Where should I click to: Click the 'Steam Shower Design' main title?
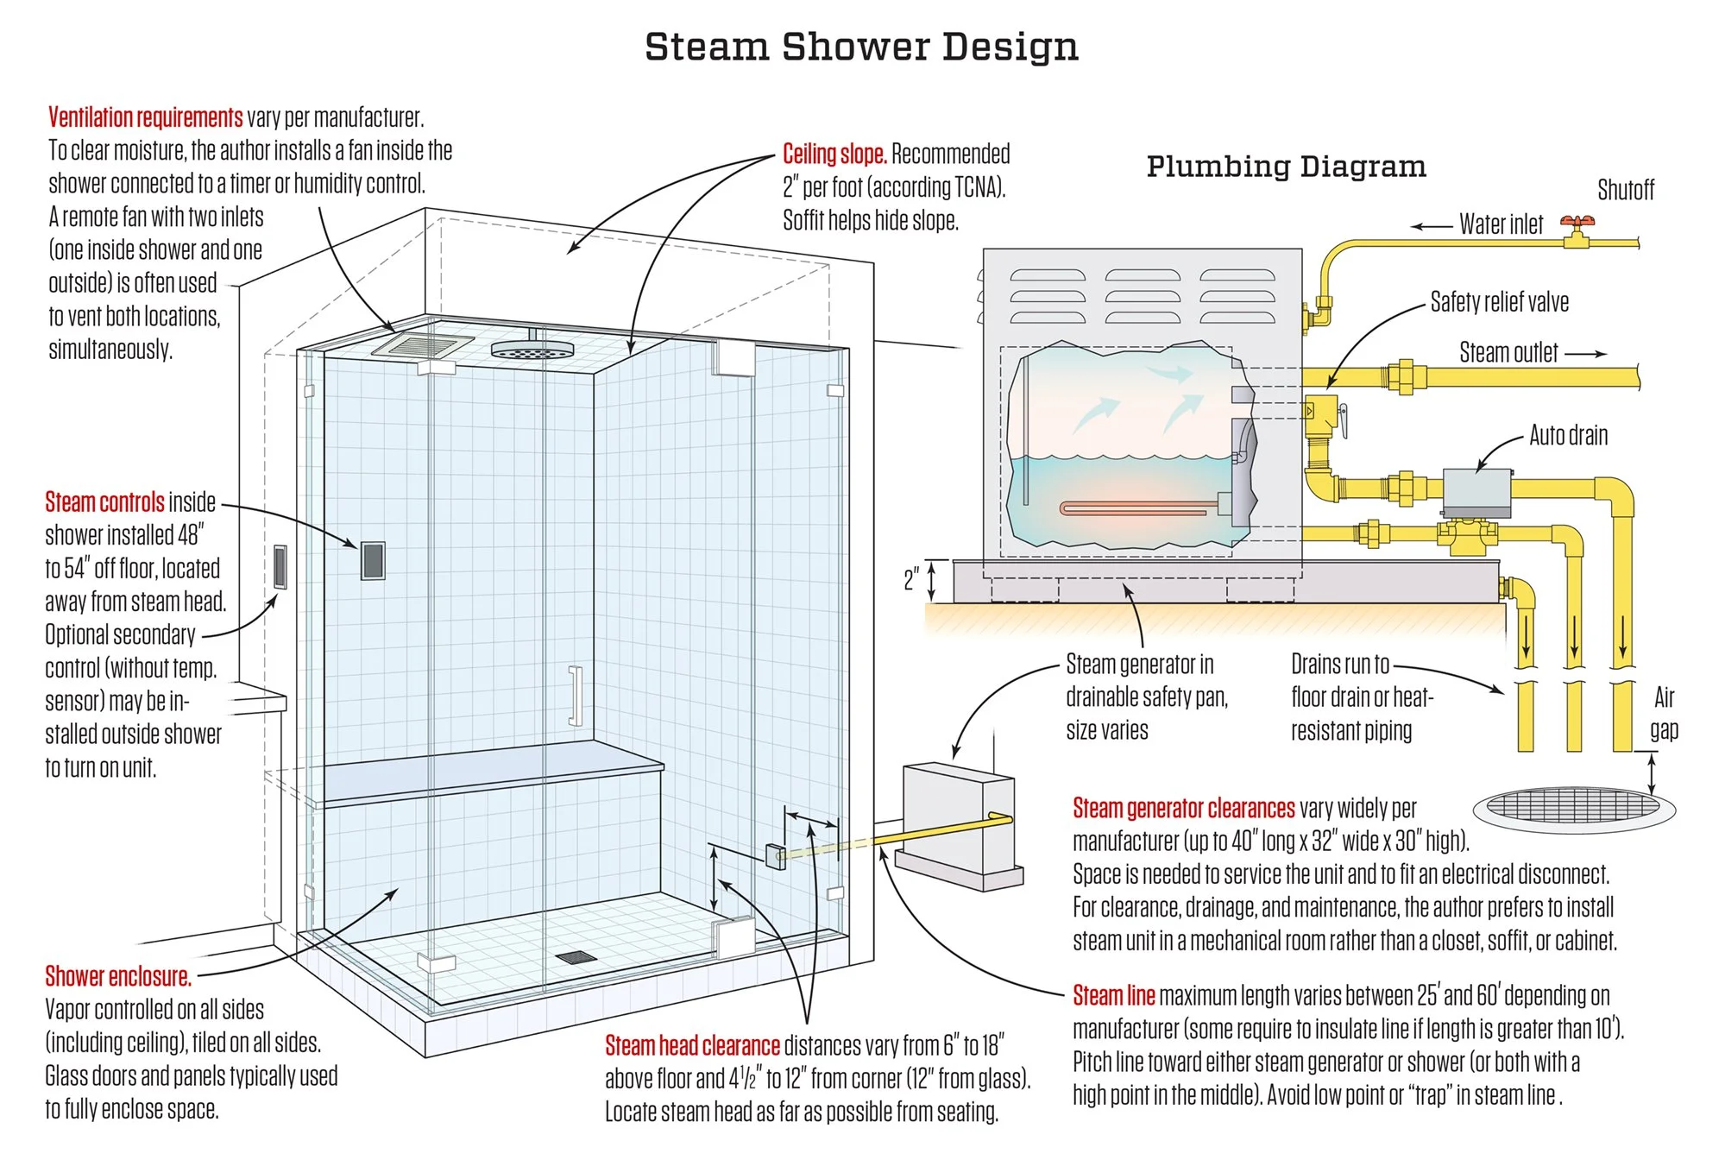(x=861, y=47)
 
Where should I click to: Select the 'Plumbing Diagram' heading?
(x=1286, y=166)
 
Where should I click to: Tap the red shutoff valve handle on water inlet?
(x=1577, y=223)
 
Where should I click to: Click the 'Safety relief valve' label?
(x=1499, y=302)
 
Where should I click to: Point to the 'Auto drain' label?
(x=1568, y=435)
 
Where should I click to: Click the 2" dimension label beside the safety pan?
(x=911, y=579)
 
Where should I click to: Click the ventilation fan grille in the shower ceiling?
(x=423, y=344)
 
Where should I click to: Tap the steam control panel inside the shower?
(x=373, y=561)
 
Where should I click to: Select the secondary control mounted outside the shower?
(x=280, y=567)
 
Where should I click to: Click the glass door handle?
(x=575, y=696)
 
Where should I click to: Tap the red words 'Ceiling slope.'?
(x=834, y=154)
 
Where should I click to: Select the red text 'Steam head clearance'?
(x=692, y=1046)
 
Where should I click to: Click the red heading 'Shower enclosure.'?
(x=118, y=976)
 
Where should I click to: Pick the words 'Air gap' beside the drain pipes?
(x=1664, y=713)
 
